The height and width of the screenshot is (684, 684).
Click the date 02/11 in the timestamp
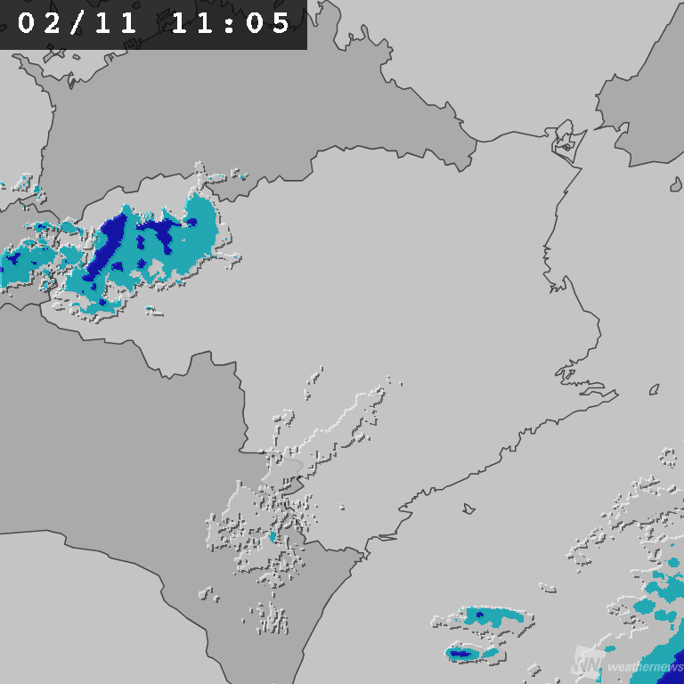pos(77,24)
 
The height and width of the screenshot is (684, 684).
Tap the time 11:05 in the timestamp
pos(231,24)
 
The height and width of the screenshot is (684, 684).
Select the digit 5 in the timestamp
pos(281,24)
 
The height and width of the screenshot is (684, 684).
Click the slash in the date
pos(77,24)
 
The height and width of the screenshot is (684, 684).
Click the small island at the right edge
pos(675,184)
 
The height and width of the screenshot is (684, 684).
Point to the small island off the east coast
pos(654,390)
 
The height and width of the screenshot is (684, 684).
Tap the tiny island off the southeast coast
pos(468,509)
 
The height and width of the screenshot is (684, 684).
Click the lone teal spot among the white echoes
pos(273,536)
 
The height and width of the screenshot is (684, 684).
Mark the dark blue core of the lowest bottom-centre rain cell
pos(460,654)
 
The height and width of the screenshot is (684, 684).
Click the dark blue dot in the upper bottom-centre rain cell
pos(480,615)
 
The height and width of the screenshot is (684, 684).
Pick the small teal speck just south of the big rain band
pos(153,311)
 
